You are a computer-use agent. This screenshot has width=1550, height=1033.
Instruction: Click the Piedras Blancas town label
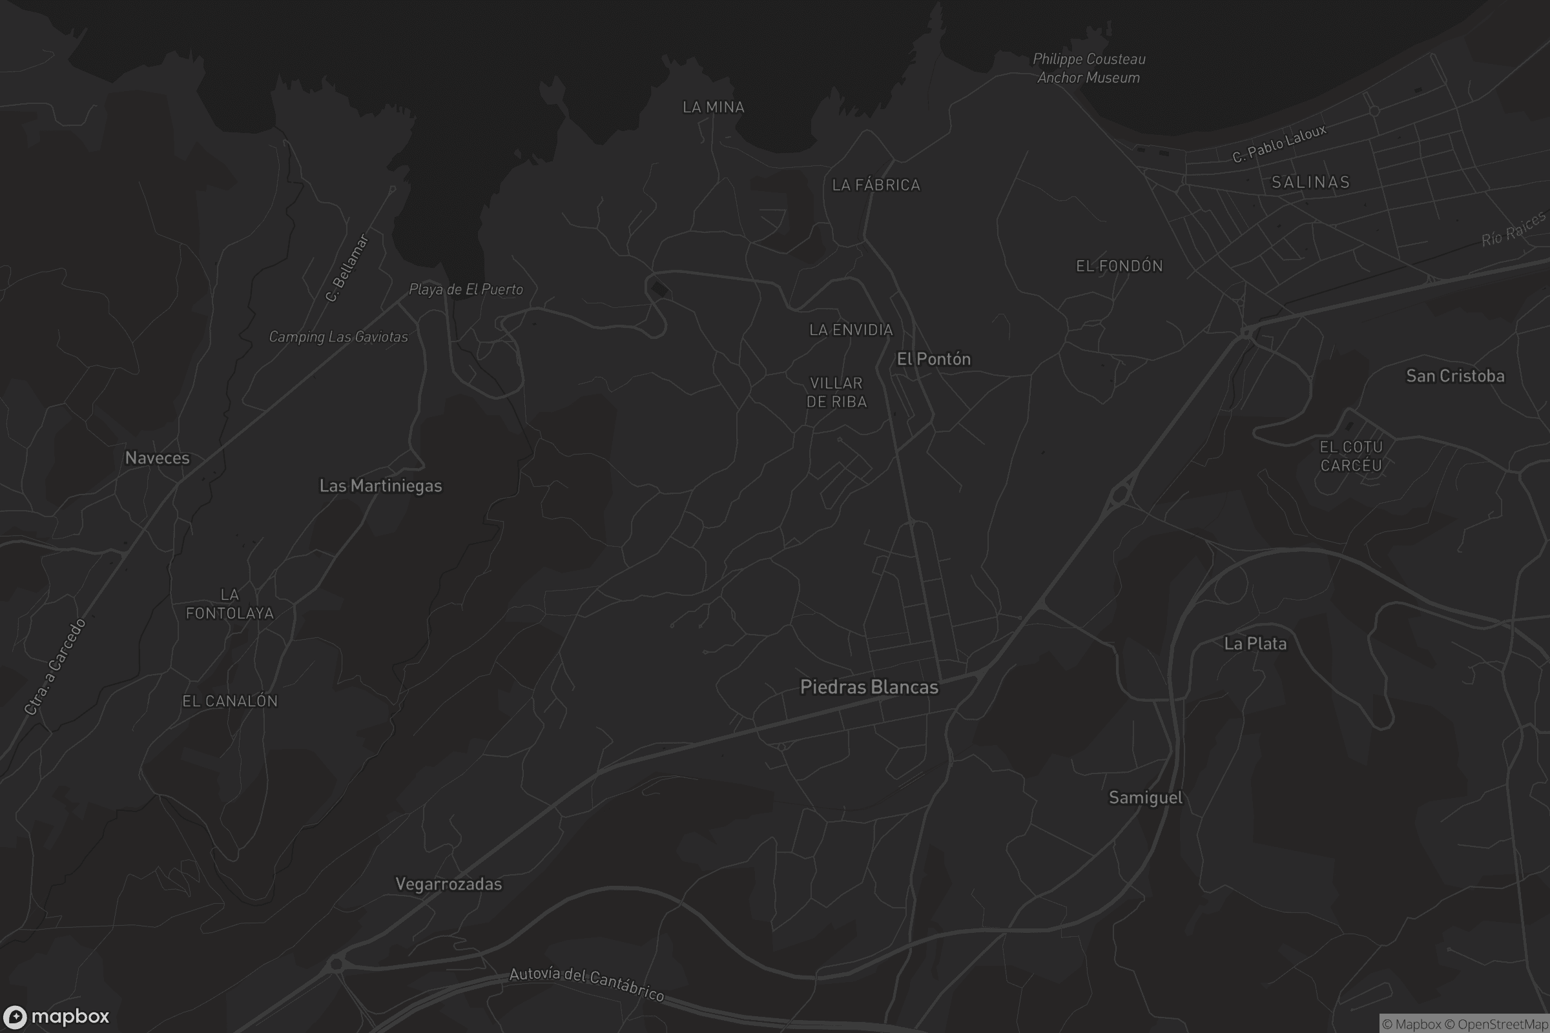tap(869, 687)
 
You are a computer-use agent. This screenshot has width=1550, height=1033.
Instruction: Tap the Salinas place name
tap(1310, 183)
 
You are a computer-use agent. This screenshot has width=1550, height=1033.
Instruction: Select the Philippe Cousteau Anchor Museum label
tap(1089, 68)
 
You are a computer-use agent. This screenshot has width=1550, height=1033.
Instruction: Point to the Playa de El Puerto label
tap(466, 289)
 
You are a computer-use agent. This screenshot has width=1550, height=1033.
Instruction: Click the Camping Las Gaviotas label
tap(338, 336)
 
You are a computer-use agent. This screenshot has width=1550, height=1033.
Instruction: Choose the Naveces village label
tap(158, 458)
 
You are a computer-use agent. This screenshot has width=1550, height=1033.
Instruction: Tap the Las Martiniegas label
tap(380, 486)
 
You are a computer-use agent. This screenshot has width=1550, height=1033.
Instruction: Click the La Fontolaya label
tap(229, 604)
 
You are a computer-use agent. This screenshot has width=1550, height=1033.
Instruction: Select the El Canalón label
tap(230, 701)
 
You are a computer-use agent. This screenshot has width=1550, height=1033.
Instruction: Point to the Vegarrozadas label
tap(448, 884)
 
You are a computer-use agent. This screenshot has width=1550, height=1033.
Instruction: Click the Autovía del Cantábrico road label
tap(586, 984)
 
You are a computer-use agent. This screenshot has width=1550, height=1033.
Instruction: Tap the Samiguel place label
tap(1145, 798)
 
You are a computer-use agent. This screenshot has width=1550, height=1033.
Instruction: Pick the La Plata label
tap(1255, 644)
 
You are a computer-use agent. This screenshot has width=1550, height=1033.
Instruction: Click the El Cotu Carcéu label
tap(1350, 456)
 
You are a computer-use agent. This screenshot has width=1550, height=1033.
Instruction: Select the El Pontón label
tap(934, 359)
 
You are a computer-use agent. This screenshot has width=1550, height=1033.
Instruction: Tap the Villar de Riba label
tap(836, 392)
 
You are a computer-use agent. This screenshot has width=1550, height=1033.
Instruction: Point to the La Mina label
tap(713, 107)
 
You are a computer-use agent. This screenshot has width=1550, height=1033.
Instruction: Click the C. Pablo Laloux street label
tap(1279, 143)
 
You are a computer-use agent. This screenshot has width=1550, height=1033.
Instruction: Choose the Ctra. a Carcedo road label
tap(56, 667)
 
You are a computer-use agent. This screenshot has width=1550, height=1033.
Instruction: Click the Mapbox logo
tap(56, 1016)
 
